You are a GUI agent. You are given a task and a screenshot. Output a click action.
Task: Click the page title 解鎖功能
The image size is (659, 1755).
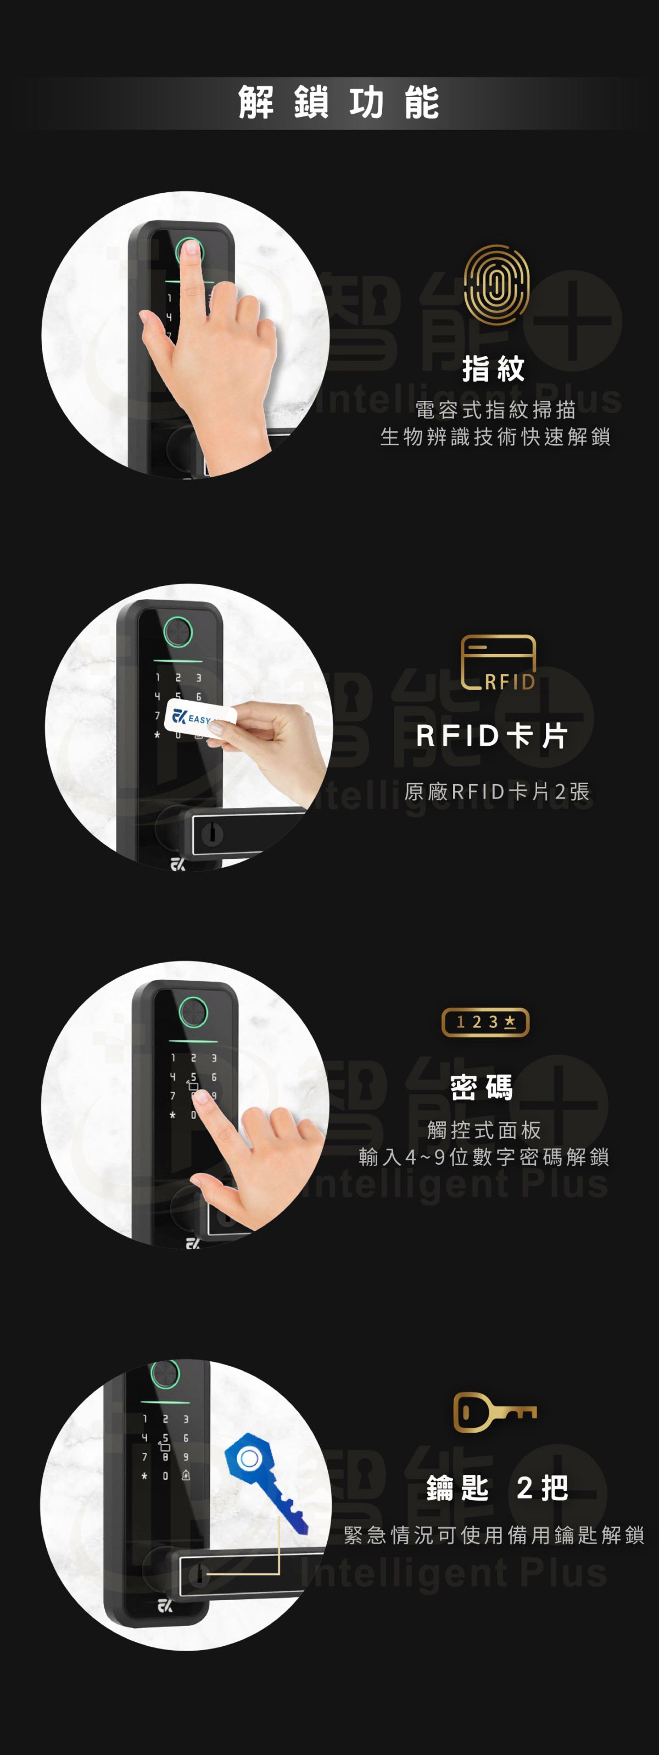[x=339, y=103]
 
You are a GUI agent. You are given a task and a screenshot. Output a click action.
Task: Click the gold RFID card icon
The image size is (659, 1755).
[x=498, y=663]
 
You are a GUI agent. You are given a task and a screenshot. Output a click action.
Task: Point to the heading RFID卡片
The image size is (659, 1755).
[x=492, y=736]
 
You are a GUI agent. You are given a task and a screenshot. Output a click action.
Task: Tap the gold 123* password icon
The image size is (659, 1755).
[x=485, y=1022]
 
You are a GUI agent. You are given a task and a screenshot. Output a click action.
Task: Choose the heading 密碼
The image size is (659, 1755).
[x=482, y=1087]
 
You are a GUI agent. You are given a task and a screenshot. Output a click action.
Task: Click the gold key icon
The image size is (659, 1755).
[x=495, y=1412]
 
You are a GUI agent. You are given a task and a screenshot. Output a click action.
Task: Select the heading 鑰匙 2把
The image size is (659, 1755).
[x=498, y=1488]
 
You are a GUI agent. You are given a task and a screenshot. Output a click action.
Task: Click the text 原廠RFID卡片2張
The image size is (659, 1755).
[x=497, y=792]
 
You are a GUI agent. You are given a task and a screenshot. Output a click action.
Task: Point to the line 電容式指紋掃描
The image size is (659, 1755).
[x=495, y=410]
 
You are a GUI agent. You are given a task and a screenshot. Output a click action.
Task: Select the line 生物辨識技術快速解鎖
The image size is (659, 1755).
[x=495, y=437]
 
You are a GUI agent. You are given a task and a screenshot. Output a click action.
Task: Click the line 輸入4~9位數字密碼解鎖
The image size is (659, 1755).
[x=484, y=1157]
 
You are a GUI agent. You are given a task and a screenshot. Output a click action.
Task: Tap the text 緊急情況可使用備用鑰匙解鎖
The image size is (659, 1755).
[x=494, y=1535]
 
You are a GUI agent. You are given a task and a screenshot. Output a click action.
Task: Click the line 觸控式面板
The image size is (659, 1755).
[x=484, y=1130]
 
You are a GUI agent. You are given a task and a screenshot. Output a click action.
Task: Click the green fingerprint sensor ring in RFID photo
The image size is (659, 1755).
[x=178, y=631]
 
